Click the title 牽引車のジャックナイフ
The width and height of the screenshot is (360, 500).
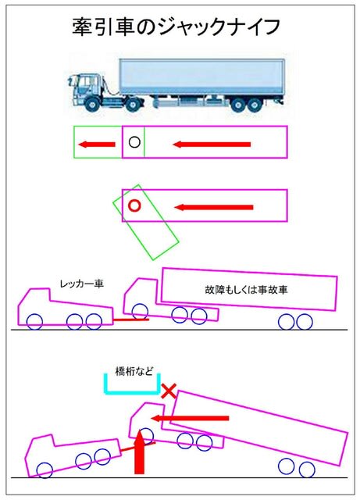176,27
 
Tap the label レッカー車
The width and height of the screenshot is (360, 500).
82,283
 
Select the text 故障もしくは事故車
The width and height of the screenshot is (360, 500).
246,290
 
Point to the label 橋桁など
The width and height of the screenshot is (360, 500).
134,371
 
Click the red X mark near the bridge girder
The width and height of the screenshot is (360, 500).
169,391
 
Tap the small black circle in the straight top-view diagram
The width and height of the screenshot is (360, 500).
134,142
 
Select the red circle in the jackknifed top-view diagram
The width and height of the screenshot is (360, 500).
134,205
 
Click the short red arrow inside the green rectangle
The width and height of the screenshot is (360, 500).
97,145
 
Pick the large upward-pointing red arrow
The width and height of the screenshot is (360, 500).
139,452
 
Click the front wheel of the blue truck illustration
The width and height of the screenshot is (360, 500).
93,104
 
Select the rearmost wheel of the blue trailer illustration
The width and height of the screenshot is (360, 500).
255,105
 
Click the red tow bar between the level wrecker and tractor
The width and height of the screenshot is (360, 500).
131,320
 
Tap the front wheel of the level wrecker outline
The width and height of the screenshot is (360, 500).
34,321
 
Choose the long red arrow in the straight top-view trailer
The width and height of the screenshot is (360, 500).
212,145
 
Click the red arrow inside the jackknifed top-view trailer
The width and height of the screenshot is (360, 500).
214,207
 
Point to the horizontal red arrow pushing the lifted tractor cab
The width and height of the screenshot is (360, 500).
190,418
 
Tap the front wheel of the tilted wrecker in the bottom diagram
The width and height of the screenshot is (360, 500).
45,470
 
